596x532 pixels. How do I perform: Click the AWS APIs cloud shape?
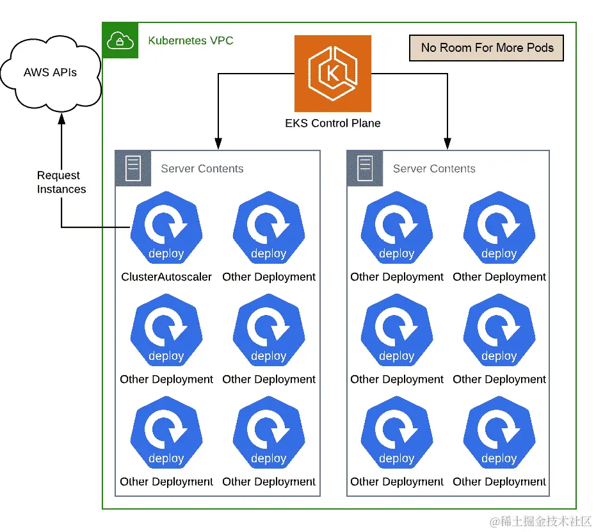coord(51,72)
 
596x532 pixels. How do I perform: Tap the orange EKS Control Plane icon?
coord(333,74)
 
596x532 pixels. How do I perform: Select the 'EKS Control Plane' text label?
coord(333,123)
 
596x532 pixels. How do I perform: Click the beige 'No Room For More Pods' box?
coord(487,48)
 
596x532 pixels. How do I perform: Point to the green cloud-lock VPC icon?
coord(120,40)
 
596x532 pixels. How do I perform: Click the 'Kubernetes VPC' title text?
coord(191,41)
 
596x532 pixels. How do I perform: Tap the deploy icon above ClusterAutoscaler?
coord(166,227)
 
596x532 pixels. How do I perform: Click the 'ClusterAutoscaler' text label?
coord(166,277)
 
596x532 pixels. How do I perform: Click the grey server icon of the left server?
coord(133,168)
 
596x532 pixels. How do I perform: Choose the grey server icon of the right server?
coord(365,168)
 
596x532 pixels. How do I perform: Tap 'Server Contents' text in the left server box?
coord(202,169)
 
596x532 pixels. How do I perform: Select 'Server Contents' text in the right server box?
coord(434,169)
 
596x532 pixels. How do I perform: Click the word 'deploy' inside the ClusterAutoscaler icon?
coord(166,254)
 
